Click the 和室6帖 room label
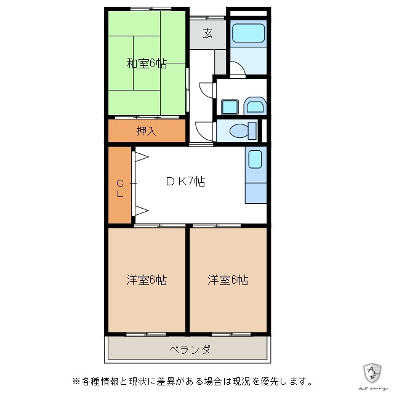[147, 63]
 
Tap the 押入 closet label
[147, 131]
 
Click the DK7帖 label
[185, 182]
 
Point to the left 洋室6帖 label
[147, 280]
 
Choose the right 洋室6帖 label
[228, 280]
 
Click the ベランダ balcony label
[190, 350]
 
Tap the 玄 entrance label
[208, 34]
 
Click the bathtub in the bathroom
[248, 34]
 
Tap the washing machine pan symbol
[254, 106]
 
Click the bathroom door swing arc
[237, 69]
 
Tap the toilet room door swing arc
[204, 131]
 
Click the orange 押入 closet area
[166, 131]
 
